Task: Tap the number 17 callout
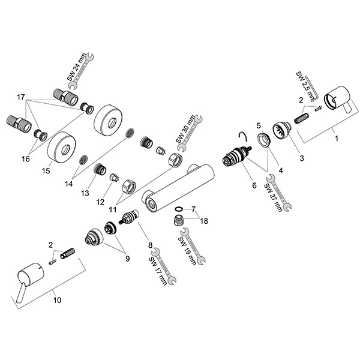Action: click(21, 98)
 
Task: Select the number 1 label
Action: click(336, 138)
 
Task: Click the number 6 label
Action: click(254, 186)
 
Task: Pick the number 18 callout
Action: click(205, 221)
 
